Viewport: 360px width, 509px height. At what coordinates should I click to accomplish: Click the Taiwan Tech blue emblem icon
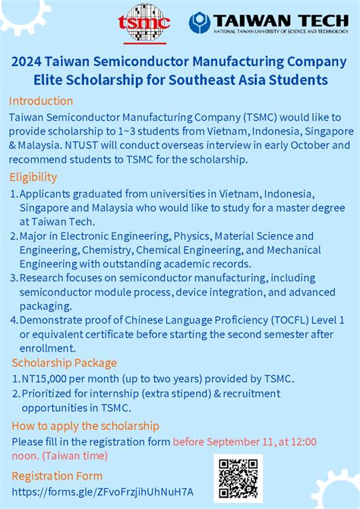(x=200, y=22)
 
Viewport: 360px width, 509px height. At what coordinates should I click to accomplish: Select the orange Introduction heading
(x=41, y=100)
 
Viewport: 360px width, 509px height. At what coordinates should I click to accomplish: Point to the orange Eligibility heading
(x=33, y=177)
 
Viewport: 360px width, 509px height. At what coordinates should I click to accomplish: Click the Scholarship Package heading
(x=64, y=362)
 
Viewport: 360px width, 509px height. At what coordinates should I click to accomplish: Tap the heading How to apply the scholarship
(x=85, y=425)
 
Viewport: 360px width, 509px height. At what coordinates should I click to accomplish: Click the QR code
(x=238, y=477)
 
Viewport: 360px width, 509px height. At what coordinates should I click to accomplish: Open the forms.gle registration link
(x=102, y=492)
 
